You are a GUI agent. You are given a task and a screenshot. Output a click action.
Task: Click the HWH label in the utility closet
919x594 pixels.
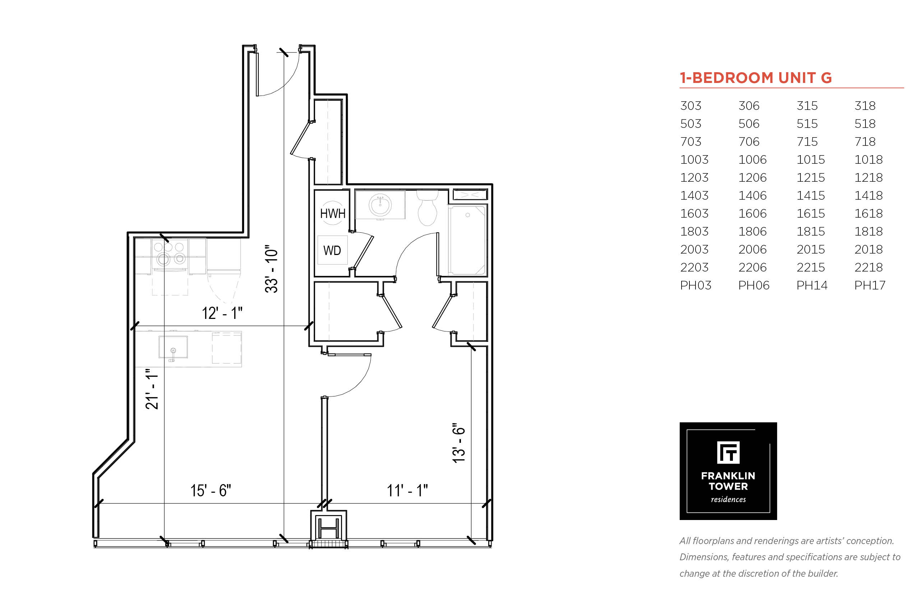[x=332, y=213]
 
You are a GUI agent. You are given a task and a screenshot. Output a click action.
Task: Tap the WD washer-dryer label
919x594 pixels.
[x=332, y=250]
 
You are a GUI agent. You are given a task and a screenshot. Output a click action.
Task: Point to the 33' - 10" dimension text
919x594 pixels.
[x=271, y=269]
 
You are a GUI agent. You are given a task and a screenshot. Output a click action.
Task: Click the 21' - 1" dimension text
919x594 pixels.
[x=152, y=389]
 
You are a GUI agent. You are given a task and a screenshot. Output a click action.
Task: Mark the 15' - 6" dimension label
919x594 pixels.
[x=211, y=490]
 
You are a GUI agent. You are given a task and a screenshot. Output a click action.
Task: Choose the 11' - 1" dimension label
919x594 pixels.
[x=407, y=490]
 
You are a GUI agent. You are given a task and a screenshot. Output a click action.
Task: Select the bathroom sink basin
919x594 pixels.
[x=380, y=205]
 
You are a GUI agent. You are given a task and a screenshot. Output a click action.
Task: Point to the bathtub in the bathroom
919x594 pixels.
[x=467, y=240]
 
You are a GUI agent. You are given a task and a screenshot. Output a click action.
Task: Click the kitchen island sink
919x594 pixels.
[x=173, y=347]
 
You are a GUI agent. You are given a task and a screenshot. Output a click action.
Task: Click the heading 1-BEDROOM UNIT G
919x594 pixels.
[x=756, y=78]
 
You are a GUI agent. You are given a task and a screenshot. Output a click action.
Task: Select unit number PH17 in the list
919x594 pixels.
[x=870, y=286]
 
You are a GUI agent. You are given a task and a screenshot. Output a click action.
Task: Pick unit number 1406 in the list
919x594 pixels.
[x=752, y=196]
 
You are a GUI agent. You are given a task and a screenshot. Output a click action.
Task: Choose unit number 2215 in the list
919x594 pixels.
[x=811, y=267]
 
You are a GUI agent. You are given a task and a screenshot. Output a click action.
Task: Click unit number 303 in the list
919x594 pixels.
[x=691, y=106]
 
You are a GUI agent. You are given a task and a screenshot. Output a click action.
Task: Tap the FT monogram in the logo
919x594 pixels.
[x=728, y=453]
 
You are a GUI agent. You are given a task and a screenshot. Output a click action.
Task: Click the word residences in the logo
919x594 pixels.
[x=728, y=499]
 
